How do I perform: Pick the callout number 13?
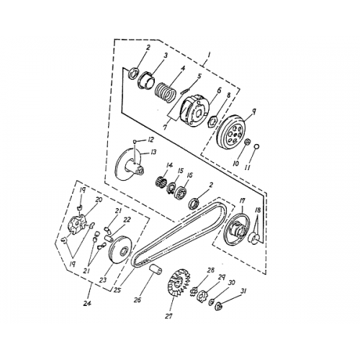pos(153,153)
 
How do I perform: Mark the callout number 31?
pos(243,292)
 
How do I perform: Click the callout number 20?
pos(99,199)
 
